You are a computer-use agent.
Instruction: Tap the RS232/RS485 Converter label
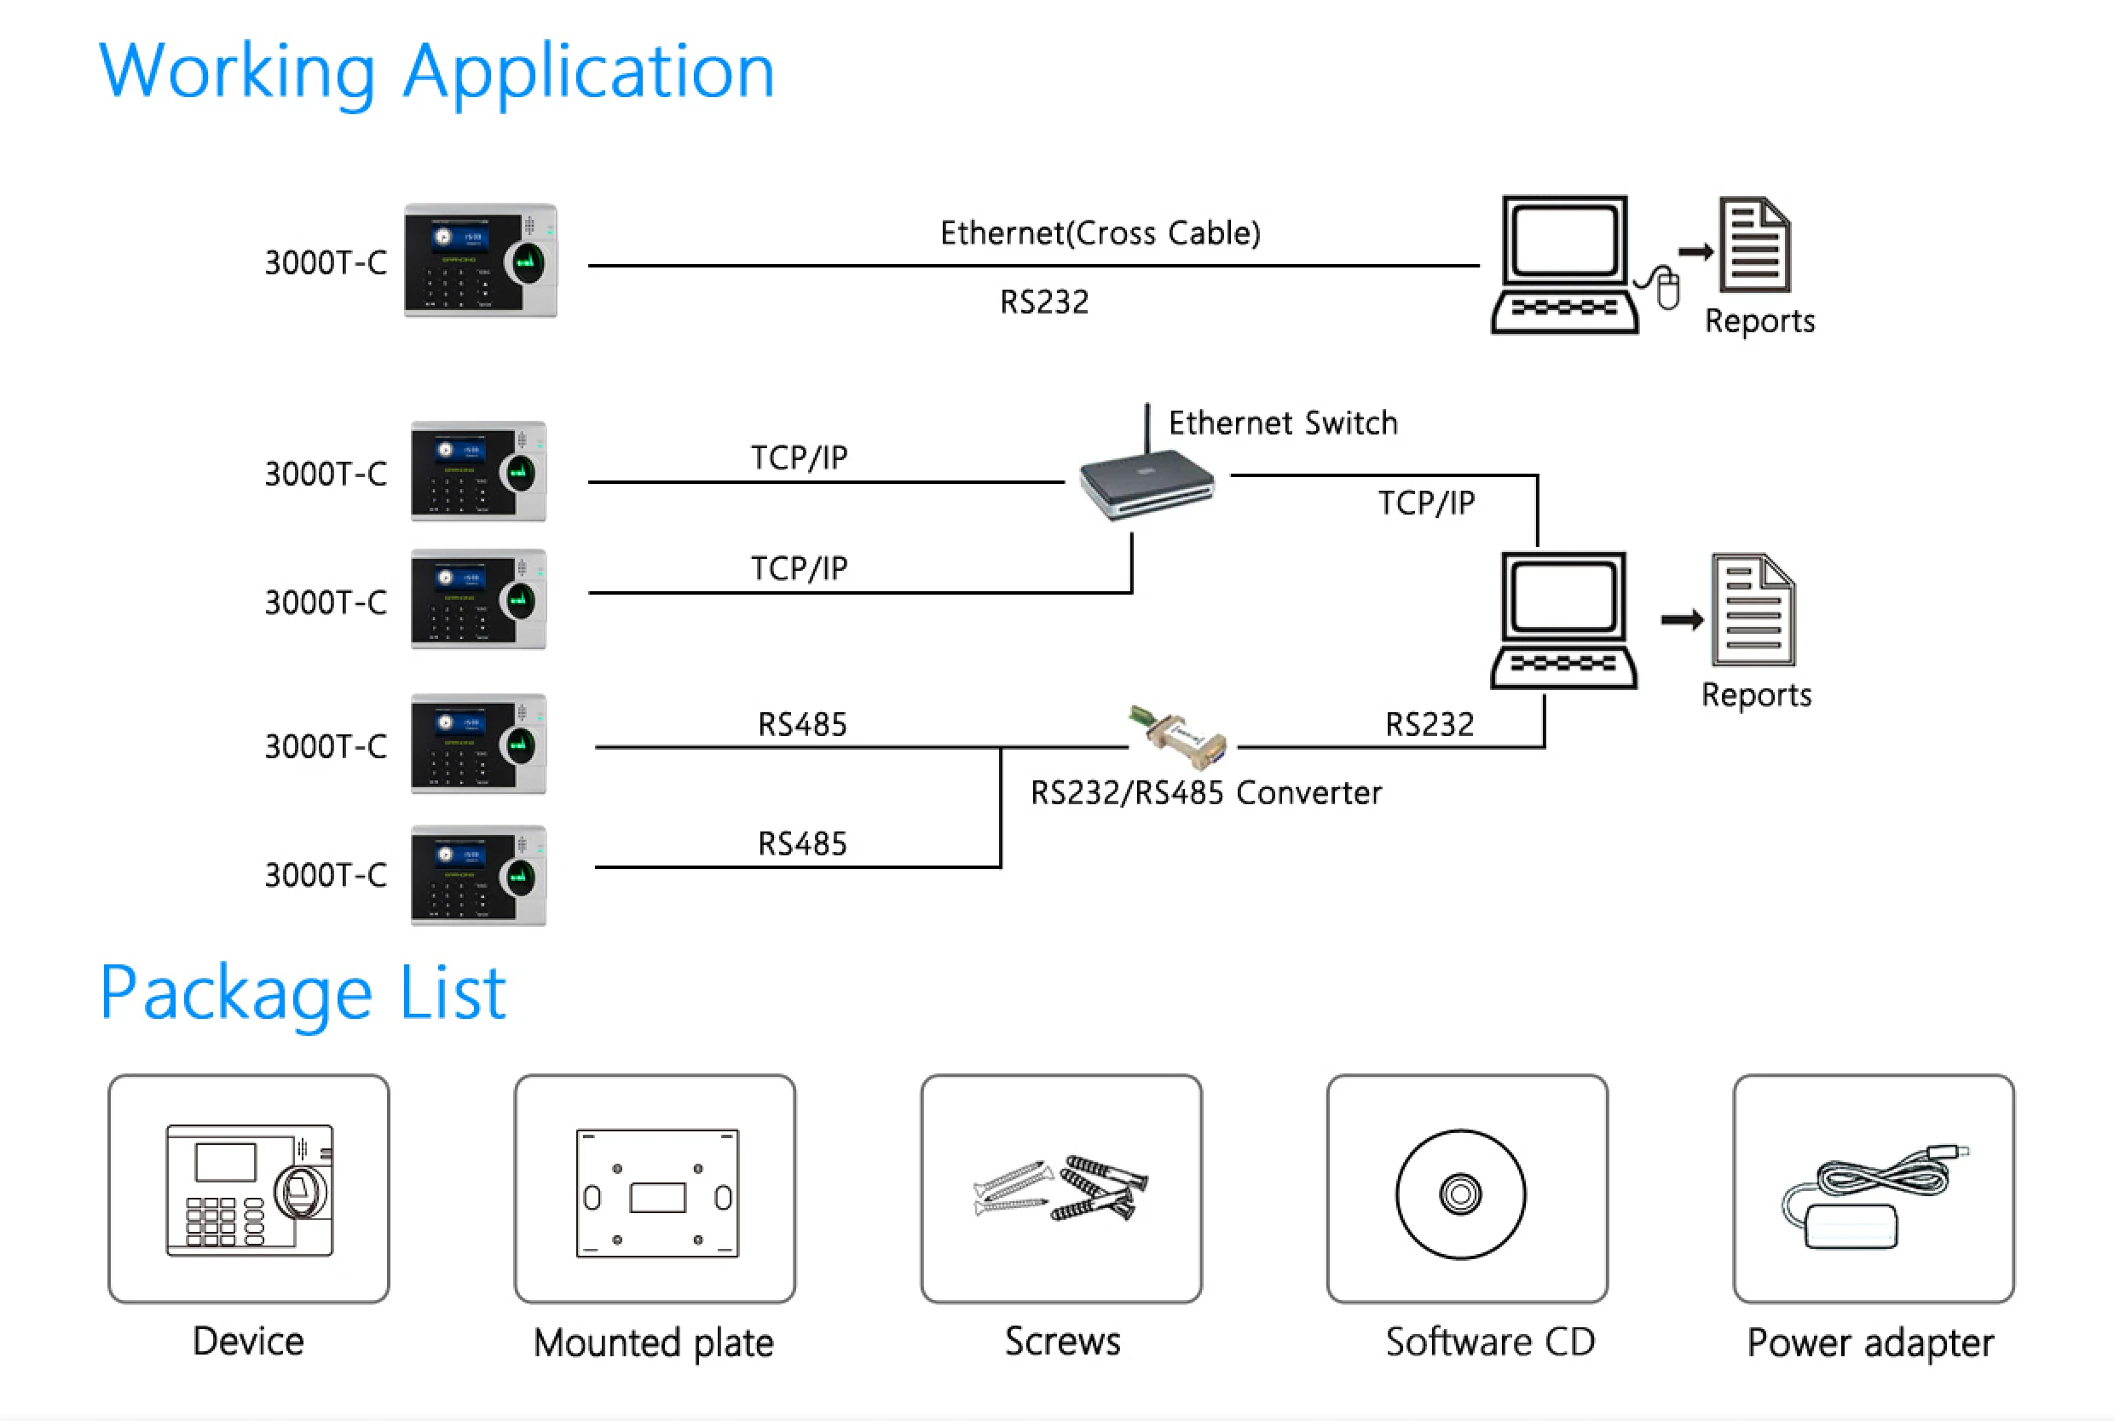(x=1205, y=793)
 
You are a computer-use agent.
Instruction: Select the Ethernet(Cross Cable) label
(x=1100, y=233)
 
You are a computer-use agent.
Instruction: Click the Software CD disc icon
(x=1459, y=1194)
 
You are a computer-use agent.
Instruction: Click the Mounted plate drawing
(x=656, y=1193)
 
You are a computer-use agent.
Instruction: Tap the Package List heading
(x=303, y=993)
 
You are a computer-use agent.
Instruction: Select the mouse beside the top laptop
(x=1666, y=288)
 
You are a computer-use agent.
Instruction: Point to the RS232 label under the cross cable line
(x=1044, y=302)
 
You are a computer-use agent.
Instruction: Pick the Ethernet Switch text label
(x=1283, y=423)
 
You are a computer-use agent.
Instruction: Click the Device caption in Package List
(x=248, y=1341)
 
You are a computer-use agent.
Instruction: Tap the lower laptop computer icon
(x=1563, y=621)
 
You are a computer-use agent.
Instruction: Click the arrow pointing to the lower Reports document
(x=1682, y=620)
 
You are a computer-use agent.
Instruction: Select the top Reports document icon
(x=1755, y=245)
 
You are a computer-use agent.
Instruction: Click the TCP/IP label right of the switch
(x=1426, y=503)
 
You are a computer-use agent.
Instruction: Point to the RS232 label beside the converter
(x=1429, y=724)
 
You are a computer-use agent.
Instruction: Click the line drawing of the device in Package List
(x=249, y=1190)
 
